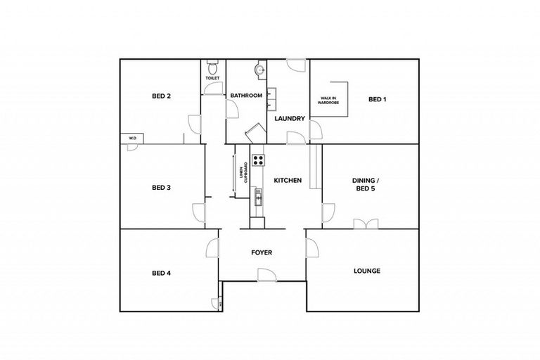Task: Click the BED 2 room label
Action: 162,96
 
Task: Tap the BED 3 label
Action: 162,188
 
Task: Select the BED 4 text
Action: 162,273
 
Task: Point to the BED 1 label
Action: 378,100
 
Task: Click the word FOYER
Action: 262,252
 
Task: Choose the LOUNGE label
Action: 367,271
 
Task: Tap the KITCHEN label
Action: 288,181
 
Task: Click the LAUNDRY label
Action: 290,118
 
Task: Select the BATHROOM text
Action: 247,96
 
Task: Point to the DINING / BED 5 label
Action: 368,185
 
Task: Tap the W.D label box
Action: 131,139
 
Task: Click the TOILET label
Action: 212,78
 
